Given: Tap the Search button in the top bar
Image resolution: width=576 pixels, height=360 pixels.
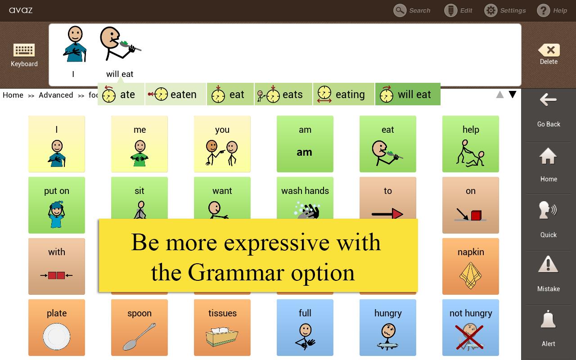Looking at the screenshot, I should (412, 10).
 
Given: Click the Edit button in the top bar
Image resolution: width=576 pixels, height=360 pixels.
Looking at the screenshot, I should (458, 10).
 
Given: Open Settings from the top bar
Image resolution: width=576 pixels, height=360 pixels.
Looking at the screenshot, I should (505, 10).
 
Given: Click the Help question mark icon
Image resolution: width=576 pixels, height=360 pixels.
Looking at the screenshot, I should (544, 10).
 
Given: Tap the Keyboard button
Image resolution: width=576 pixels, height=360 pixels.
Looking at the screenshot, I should (24, 55).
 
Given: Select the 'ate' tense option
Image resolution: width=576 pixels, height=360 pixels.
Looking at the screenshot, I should (121, 94).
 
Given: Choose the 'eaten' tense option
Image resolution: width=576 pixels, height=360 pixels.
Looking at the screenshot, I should (175, 94).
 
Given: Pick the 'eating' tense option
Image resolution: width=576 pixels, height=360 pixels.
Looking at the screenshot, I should (344, 94).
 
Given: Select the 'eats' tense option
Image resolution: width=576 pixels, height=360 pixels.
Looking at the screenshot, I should (283, 94).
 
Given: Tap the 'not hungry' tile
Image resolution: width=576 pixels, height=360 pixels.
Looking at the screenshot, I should (470, 328).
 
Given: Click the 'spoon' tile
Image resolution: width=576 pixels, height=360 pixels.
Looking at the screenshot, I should (139, 328).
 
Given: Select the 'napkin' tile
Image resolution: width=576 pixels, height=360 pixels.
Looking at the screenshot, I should (470, 266).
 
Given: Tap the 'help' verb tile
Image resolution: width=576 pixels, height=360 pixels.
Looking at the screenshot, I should (470, 144).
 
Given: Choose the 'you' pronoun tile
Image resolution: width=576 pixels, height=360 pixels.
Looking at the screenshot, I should (222, 144).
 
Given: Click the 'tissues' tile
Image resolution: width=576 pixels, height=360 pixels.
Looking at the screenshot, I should (222, 328).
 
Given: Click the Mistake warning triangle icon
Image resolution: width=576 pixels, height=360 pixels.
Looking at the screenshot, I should (548, 265).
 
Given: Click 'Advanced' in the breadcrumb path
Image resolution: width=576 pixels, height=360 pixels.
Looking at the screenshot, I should (56, 95).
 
